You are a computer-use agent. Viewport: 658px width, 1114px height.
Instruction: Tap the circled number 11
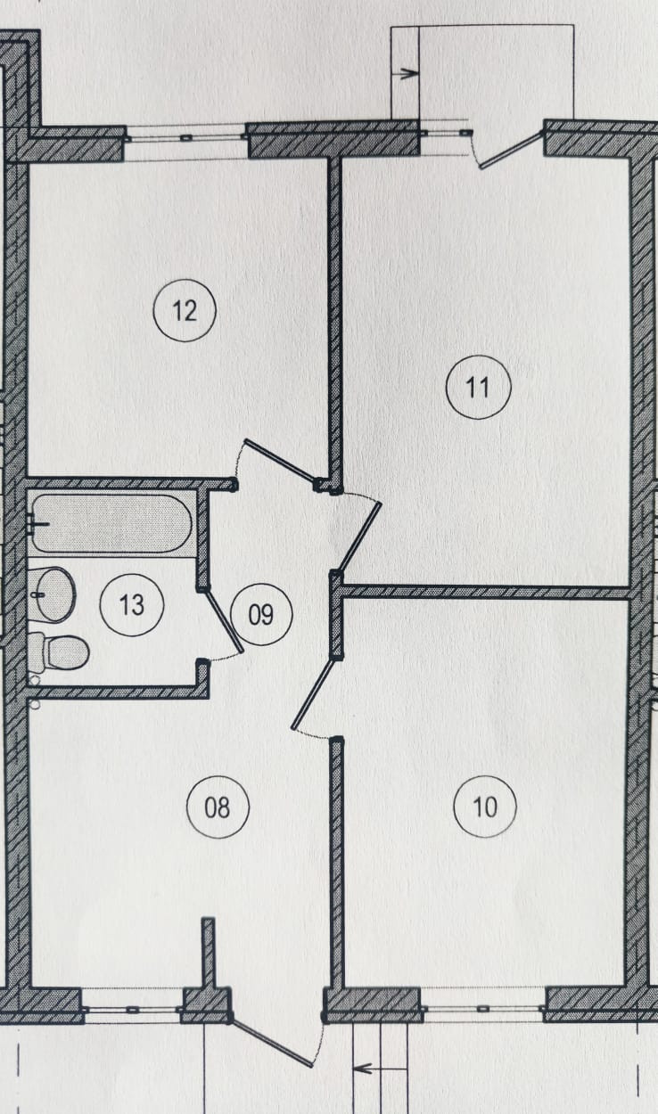click(478, 388)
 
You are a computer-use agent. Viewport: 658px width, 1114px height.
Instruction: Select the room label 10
click(485, 807)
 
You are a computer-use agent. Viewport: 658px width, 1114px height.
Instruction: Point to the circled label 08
click(218, 807)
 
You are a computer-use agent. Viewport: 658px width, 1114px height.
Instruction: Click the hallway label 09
click(260, 614)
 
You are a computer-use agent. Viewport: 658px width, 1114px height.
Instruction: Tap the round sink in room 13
click(53, 594)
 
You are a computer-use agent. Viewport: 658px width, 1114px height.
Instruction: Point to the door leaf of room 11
click(360, 536)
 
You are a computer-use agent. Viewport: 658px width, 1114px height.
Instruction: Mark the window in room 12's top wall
click(185, 138)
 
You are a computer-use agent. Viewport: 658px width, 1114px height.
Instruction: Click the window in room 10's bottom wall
click(482, 1009)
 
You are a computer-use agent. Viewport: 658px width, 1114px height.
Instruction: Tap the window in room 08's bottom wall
click(132, 1009)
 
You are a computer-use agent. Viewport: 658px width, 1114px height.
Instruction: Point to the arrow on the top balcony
click(406, 74)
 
